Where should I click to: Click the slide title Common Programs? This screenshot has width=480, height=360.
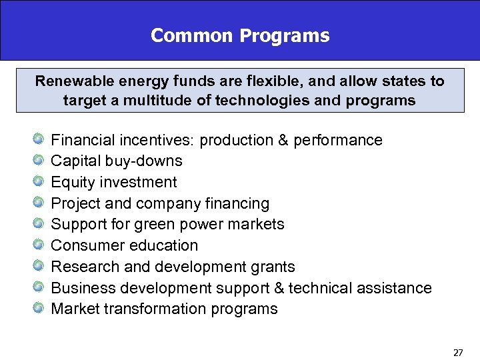pyautogui.click(x=240, y=35)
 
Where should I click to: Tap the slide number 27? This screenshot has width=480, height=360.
pyautogui.click(x=458, y=352)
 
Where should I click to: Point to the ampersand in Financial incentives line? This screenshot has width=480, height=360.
pyautogui.click(x=283, y=141)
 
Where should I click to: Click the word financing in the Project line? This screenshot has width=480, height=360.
pyautogui.click(x=238, y=204)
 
